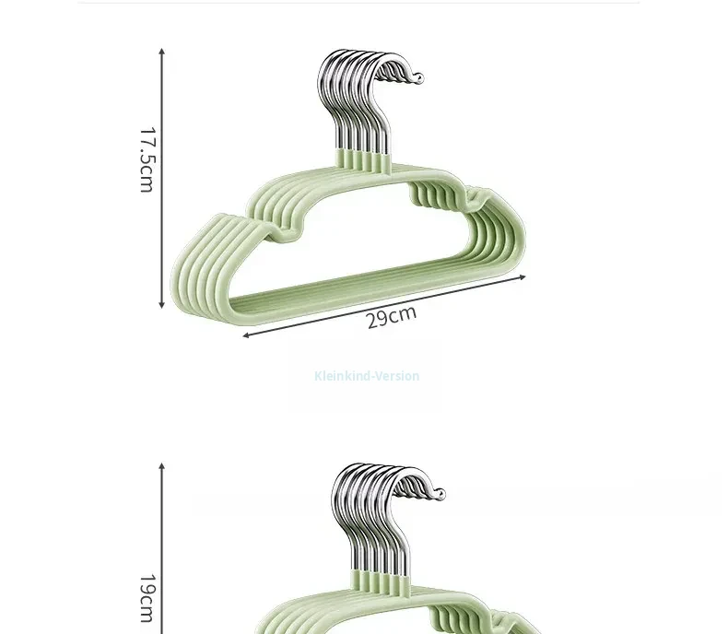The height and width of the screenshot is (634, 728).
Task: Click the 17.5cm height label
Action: (147, 159)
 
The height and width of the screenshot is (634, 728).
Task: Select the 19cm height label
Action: (147, 598)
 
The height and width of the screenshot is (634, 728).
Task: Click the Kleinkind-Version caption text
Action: (367, 375)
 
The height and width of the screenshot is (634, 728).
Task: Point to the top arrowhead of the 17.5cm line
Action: (161, 51)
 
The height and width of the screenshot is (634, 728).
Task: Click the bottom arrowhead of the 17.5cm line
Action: (161, 305)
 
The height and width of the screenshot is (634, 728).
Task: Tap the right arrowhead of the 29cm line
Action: (523, 277)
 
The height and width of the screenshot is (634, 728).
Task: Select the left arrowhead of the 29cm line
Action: (246, 335)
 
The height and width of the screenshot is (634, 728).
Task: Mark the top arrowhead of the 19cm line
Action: (161, 465)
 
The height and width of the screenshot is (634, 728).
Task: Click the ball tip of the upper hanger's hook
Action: (418, 78)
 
